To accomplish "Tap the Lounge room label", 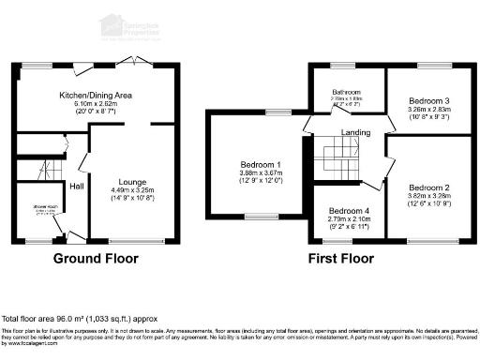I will click(x=132, y=181).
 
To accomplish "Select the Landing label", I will click(x=356, y=132).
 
